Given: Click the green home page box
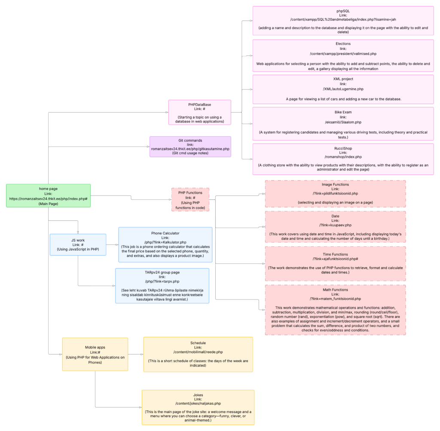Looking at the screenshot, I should coord(48,196).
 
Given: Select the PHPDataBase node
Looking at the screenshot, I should coord(199,112).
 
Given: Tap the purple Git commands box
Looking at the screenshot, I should coord(190,147).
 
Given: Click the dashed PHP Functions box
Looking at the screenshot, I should coord(190,199).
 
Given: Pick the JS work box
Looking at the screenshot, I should coord(78,245).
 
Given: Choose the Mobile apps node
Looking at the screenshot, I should coord(95,354).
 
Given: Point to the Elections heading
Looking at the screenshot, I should coord(343,44).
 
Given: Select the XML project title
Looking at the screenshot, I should coord(343,79).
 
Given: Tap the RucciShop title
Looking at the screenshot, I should coord(343,147).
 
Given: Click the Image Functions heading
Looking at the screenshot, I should coord(335,184).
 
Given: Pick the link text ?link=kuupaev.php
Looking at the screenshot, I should coord(335,225).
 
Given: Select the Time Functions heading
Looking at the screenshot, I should coord(335,254).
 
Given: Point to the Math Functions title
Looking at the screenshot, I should coord(335,289).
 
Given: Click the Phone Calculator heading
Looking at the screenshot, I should coord(165,233).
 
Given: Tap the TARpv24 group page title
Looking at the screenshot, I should coord(162,272).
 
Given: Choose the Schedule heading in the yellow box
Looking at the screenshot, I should coord(198,343).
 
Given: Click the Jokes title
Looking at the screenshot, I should coord(198,394).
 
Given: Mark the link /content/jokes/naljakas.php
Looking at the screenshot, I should coord(198,403).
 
